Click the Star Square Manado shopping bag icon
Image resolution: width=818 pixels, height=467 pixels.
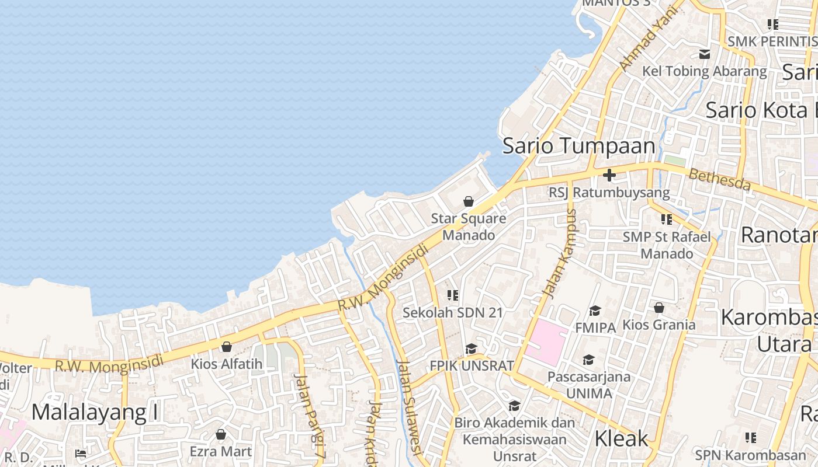point(468,202)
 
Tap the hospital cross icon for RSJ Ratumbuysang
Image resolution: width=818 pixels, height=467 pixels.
point(609,175)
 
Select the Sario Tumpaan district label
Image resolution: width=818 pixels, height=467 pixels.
point(578,146)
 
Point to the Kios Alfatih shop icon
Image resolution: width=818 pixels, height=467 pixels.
point(227,347)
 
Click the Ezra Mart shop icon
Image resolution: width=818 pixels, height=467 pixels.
point(221,434)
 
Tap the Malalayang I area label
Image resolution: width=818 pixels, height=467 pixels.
point(95,412)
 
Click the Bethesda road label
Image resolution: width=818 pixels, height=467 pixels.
point(719,179)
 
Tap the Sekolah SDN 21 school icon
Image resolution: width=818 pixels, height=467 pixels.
point(452,295)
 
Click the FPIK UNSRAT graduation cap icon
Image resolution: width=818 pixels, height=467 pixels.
point(471,349)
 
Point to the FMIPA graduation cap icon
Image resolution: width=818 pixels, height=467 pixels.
point(595,311)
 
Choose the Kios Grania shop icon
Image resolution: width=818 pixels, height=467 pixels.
point(659,308)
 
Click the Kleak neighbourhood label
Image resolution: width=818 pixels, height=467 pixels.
point(621,438)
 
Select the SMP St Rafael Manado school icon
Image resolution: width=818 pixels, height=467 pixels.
point(667,219)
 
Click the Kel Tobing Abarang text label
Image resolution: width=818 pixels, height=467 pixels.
point(704,72)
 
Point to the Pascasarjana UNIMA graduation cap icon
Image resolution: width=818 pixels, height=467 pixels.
point(588,360)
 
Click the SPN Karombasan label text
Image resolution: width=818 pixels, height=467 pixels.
point(750,455)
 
